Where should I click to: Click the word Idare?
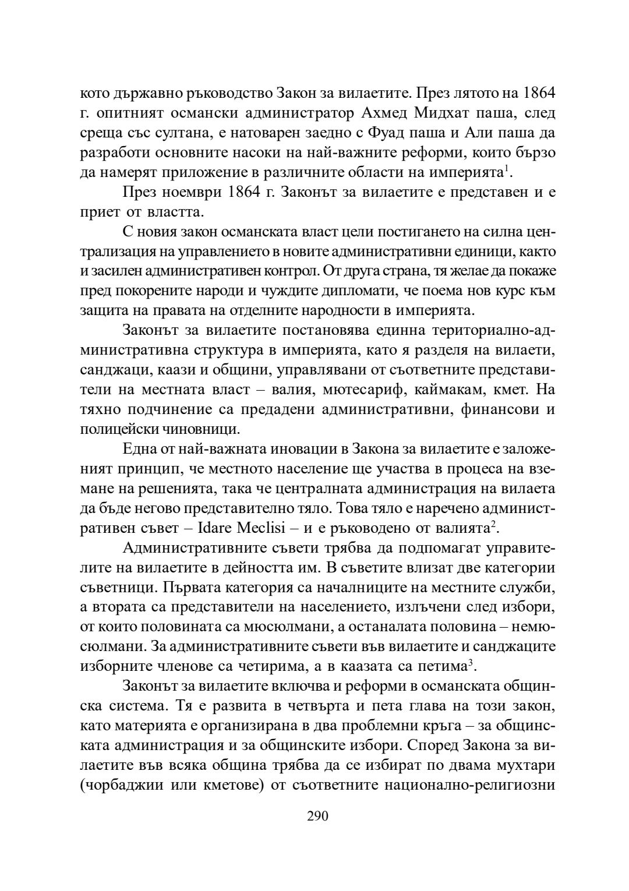pos(215,529)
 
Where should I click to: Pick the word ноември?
pos(187,192)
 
